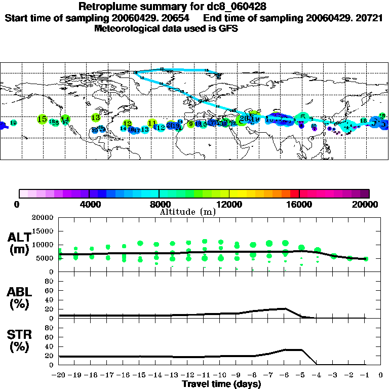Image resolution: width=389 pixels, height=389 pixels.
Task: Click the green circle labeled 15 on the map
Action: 42,119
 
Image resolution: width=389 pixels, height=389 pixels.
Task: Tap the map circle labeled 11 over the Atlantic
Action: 152,123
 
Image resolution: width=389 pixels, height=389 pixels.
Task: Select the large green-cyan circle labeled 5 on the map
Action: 303,117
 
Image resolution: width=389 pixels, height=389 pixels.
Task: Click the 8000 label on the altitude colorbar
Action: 159,204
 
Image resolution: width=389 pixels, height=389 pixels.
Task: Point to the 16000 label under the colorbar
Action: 299,204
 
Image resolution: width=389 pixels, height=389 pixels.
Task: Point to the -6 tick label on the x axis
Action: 285,376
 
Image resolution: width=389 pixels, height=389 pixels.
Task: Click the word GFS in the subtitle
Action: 228,28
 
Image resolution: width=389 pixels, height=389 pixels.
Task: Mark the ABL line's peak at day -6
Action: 286,308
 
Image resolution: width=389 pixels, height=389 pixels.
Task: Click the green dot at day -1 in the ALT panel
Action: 366,259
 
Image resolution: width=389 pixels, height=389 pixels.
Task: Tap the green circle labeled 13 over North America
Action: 96,118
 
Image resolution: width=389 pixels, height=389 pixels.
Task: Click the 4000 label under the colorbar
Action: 89,204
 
